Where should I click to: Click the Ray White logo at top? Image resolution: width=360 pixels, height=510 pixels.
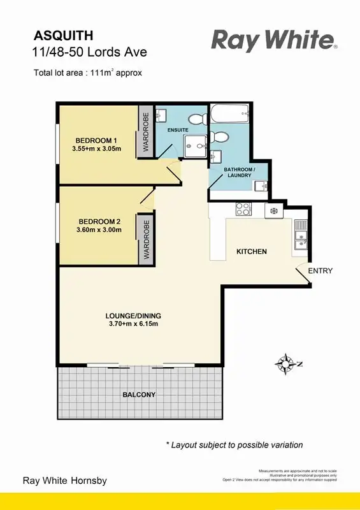[274, 40]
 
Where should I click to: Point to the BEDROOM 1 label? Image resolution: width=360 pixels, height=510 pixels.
[96, 140]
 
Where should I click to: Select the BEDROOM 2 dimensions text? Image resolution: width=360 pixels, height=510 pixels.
[98, 230]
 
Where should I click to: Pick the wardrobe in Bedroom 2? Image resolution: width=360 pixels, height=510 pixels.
[146, 242]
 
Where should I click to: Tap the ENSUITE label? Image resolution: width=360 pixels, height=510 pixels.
[178, 130]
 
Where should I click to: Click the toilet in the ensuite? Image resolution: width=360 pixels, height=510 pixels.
[198, 118]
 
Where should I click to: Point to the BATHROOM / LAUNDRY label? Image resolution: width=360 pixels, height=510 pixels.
[239, 172]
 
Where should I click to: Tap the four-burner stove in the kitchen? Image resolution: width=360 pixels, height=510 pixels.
[243, 208]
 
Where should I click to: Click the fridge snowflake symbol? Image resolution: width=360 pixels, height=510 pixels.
[275, 210]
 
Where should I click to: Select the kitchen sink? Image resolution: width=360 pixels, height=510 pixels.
[301, 240]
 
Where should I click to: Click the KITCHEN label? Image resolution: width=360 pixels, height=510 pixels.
[252, 252]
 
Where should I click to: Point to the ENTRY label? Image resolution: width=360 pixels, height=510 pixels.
[320, 271]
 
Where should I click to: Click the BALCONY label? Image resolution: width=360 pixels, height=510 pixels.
[139, 395]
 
